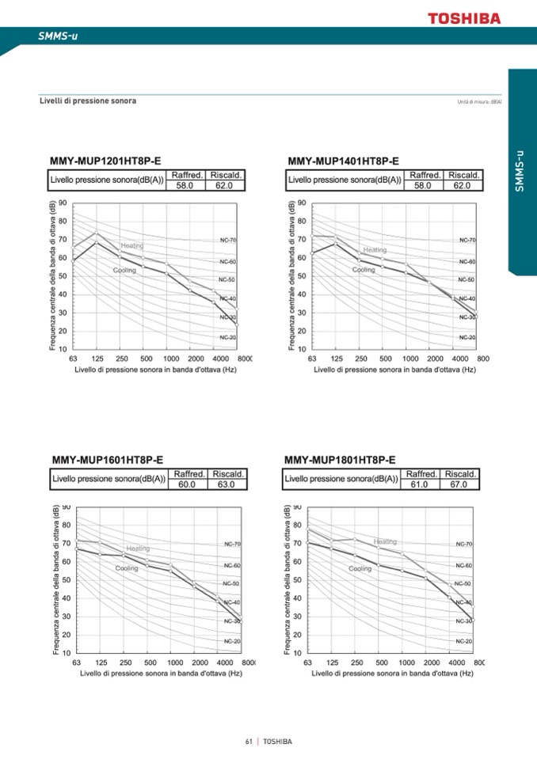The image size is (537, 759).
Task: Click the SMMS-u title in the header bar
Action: pyautogui.click(x=58, y=36)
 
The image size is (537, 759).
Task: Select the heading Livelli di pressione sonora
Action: pyautogui.click(x=88, y=101)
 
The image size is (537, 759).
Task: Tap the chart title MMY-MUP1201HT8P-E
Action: pyautogui.click(x=105, y=161)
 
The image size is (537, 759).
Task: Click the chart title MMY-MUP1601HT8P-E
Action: pyautogui.click(x=108, y=459)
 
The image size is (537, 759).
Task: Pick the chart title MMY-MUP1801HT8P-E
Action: pyautogui.click(x=340, y=459)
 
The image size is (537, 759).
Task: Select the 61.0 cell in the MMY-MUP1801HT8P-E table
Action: pyautogui.click(x=420, y=484)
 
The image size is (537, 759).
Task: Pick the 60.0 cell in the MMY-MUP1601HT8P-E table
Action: pyautogui.click(x=188, y=484)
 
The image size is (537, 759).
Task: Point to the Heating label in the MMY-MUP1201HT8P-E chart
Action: pyautogui.click(x=132, y=246)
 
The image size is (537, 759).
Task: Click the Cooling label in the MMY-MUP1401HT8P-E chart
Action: pyautogui.click(x=364, y=270)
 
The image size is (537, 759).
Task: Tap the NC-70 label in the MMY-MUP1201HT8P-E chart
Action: pyautogui.click(x=228, y=239)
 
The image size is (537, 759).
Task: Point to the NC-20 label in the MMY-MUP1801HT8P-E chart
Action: pyautogui.click(x=464, y=640)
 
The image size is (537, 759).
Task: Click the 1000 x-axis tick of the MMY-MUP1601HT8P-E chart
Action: pyautogui.click(x=175, y=662)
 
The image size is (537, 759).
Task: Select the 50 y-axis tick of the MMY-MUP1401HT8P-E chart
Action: pyautogui.click(x=301, y=276)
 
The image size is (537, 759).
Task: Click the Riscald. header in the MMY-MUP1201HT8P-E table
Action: pyautogui.click(x=226, y=175)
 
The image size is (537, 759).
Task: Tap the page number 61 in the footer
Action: pyautogui.click(x=249, y=742)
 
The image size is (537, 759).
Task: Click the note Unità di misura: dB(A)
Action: pyautogui.click(x=480, y=102)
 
